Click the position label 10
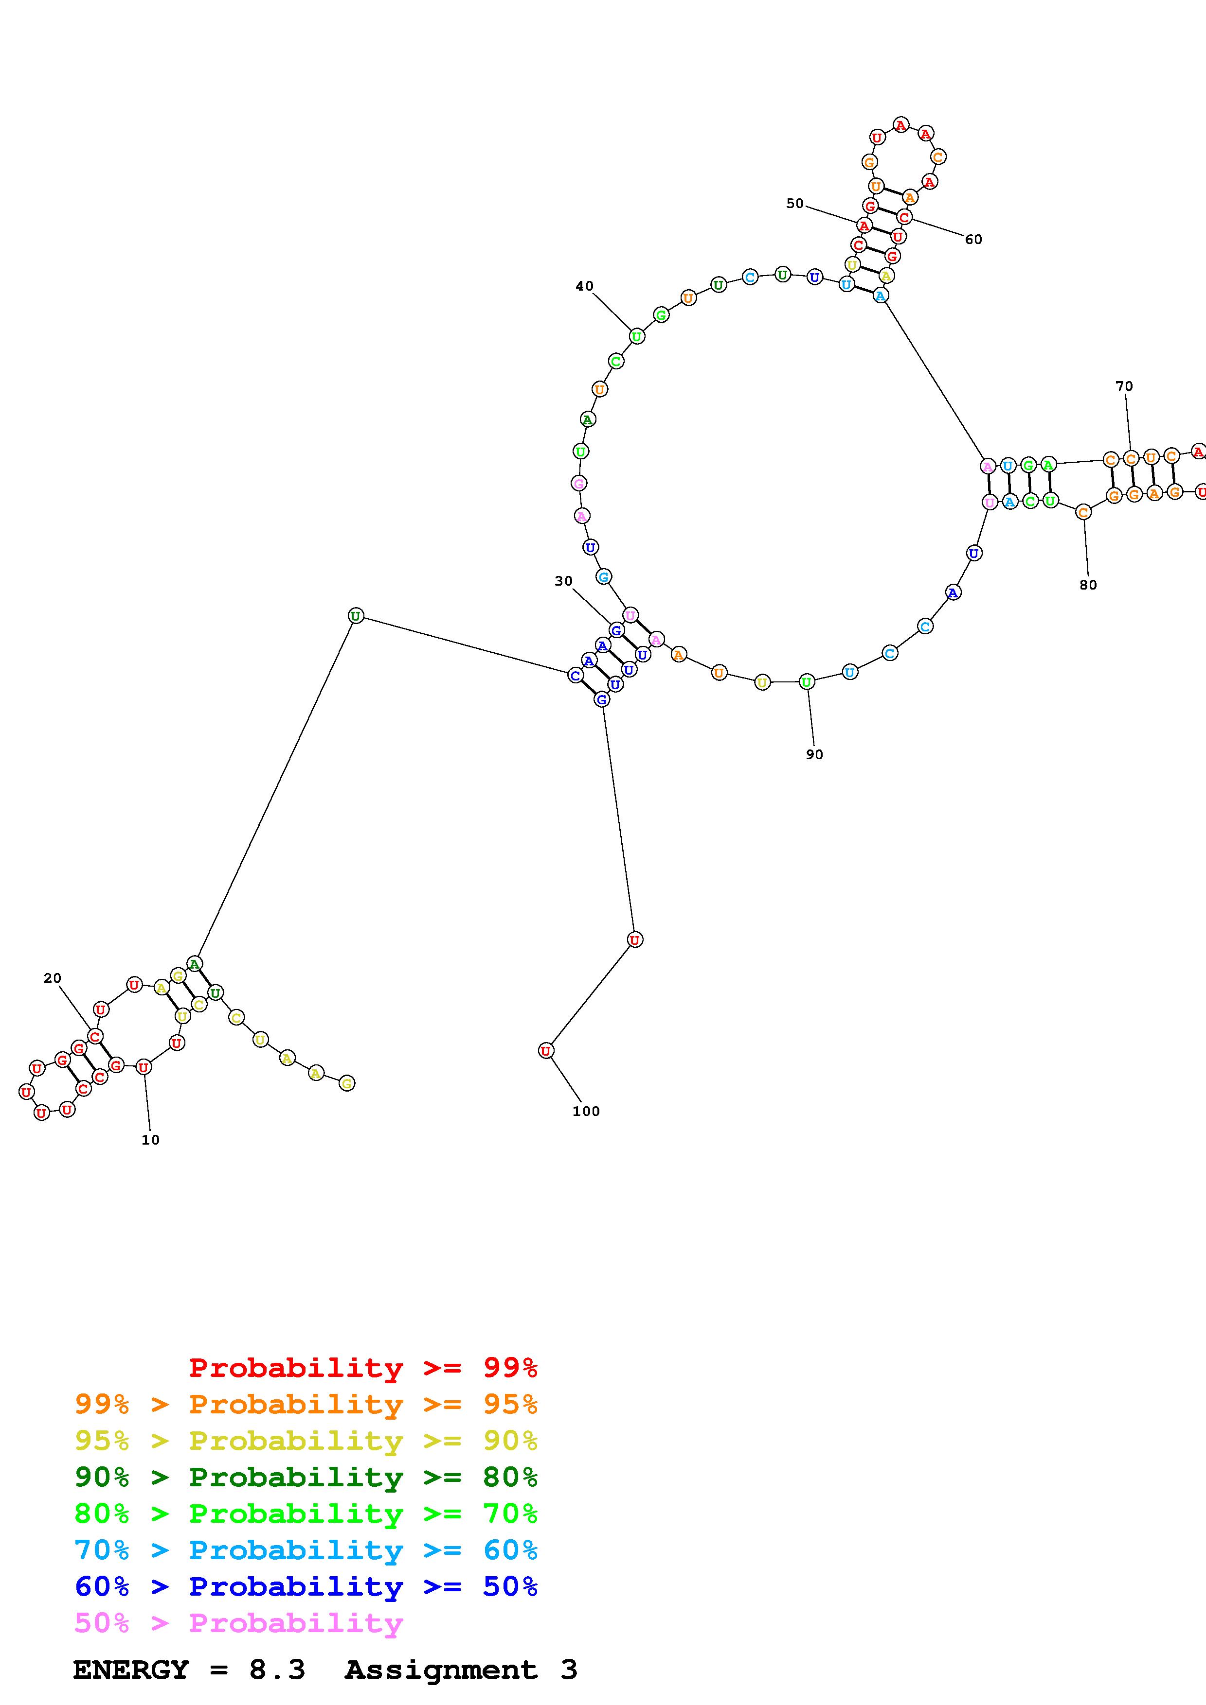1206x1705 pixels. (x=150, y=1140)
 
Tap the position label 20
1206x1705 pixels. (x=52, y=978)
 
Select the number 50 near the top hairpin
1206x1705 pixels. (x=794, y=204)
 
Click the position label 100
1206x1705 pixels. (x=586, y=1111)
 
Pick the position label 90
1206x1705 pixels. (x=814, y=754)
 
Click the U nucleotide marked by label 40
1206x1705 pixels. (x=637, y=336)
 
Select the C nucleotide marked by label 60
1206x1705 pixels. (x=903, y=217)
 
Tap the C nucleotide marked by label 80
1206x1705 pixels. (x=1083, y=512)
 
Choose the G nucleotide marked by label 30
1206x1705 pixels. (x=616, y=630)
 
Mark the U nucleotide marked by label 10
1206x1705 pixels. (x=144, y=1067)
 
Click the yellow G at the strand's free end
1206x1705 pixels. (x=346, y=1083)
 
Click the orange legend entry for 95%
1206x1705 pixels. (x=306, y=1404)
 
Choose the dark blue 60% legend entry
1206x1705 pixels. (x=306, y=1587)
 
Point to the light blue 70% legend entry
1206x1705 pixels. (x=306, y=1550)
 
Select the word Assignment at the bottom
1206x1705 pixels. (x=441, y=1670)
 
